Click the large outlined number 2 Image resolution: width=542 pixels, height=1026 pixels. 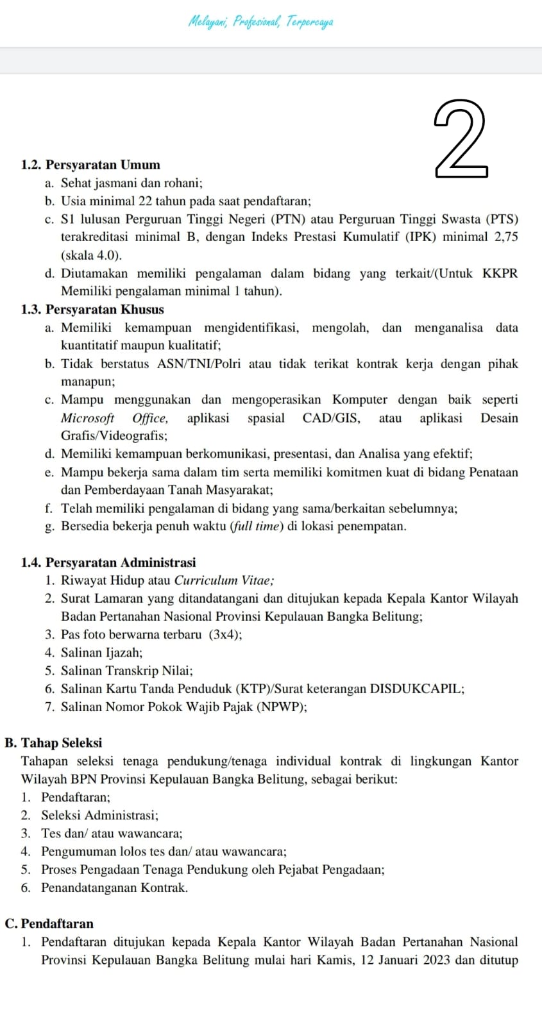pyautogui.click(x=461, y=139)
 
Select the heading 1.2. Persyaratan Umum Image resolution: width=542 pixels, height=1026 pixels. pyautogui.click(x=90, y=165)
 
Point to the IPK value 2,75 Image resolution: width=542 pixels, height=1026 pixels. pyautogui.click(x=506, y=237)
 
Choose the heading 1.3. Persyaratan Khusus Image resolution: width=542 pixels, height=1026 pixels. pyautogui.click(x=92, y=310)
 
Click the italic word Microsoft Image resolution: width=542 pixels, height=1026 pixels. pyautogui.click(x=87, y=418)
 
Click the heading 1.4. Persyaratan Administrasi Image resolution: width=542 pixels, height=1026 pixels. pyautogui.click(x=108, y=562)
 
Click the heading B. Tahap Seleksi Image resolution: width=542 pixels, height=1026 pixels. pyautogui.click(x=53, y=743)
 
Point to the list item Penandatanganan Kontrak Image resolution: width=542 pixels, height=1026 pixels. pyautogui.click(x=114, y=888)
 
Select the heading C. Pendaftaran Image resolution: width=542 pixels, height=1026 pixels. pyautogui.click(x=49, y=924)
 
